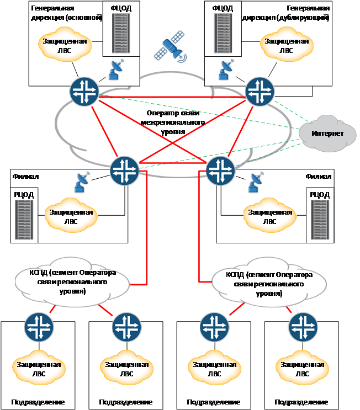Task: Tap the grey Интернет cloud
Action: point(327,134)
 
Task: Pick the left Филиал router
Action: point(124,171)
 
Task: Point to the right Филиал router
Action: point(221,171)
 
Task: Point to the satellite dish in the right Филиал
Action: point(255,182)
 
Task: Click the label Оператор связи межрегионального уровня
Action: point(173,123)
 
